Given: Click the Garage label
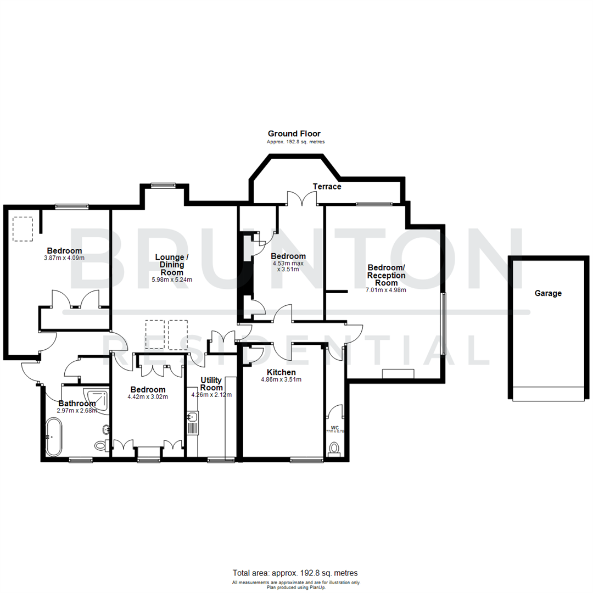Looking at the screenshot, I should coord(548,293).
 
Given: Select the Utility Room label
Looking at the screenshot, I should coord(211,384).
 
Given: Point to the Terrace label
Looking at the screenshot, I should coord(327,187).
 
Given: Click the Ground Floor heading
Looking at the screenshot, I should coord(294,133).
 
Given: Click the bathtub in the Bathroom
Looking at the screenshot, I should coord(54,437).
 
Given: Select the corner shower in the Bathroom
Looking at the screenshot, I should coord(97,400).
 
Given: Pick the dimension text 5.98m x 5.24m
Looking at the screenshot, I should coord(172,279).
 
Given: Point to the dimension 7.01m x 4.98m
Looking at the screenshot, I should coord(386,290).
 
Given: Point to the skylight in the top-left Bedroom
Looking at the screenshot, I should coord(23,228).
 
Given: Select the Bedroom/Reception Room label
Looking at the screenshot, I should coord(386,275).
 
